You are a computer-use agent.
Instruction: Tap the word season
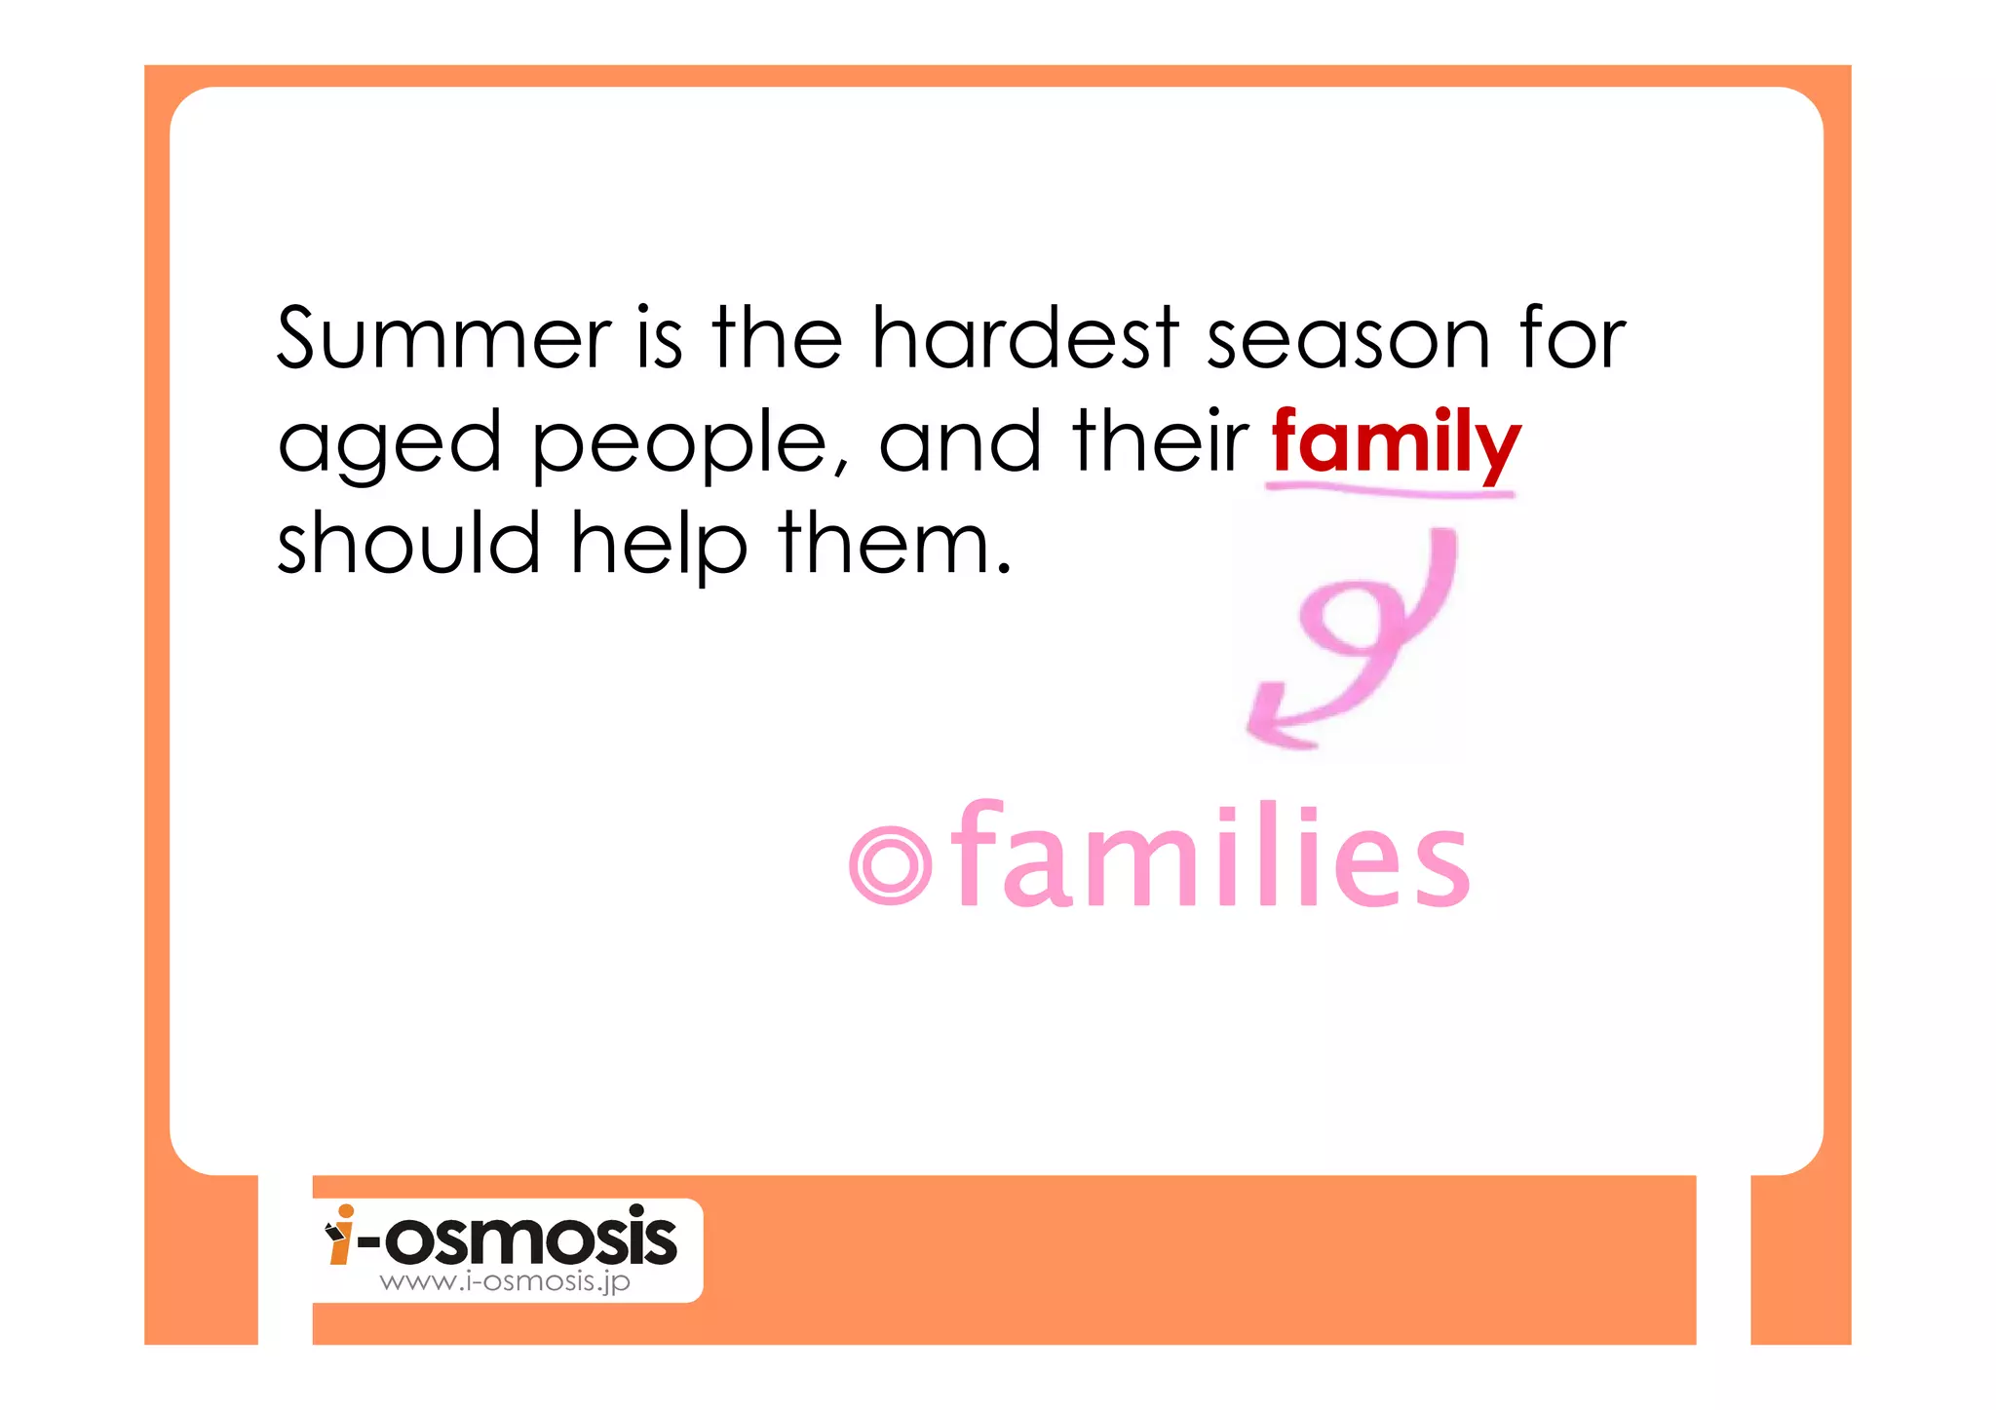[1348, 340]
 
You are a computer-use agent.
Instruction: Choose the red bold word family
[1395, 443]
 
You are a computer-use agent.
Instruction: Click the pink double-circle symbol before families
[889, 865]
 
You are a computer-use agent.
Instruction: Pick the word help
[659, 545]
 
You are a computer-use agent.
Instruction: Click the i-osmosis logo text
[517, 1239]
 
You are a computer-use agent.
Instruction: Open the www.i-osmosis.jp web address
[505, 1282]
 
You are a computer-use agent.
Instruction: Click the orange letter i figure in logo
[341, 1236]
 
